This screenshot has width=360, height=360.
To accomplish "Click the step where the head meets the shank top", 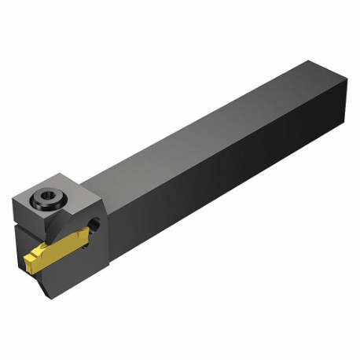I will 102,177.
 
